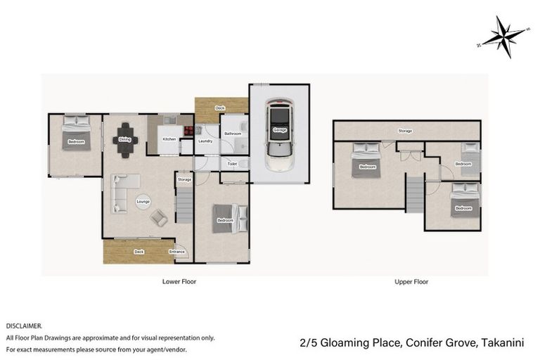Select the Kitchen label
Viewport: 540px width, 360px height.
click(169, 139)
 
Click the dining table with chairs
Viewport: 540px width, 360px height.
click(125, 139)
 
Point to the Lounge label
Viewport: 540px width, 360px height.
click(143, 201)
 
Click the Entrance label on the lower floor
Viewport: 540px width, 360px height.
click(176, 252)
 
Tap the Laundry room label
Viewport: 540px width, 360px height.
click(205, 141)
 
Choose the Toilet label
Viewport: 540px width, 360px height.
click(233, 163)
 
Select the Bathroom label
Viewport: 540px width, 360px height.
click(233, 134)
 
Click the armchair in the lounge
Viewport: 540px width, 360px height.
click(159, 219)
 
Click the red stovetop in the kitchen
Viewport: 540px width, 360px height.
click(188, 129)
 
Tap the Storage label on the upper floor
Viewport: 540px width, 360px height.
click(405, 131)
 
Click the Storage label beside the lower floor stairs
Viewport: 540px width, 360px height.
click(184, 180)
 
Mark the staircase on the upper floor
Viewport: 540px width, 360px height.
click(415, 193)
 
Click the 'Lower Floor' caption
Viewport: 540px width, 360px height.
click(179, 282)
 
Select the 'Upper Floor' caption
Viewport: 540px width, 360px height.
click(411, 282)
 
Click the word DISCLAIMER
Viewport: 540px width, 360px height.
click(24, 326)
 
